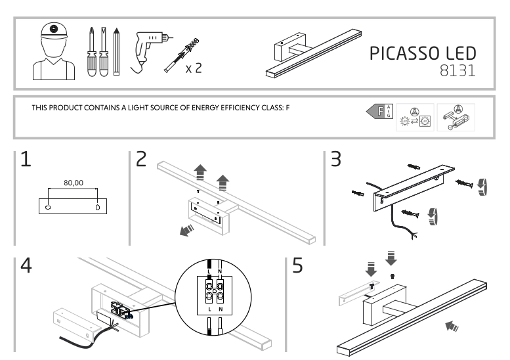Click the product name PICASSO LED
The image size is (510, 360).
(x=421, y=54)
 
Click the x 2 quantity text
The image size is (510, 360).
(x=193, y=68)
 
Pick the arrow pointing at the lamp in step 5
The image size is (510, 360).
(x=452, y=326)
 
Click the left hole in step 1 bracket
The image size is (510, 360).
(x=48, y=206)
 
